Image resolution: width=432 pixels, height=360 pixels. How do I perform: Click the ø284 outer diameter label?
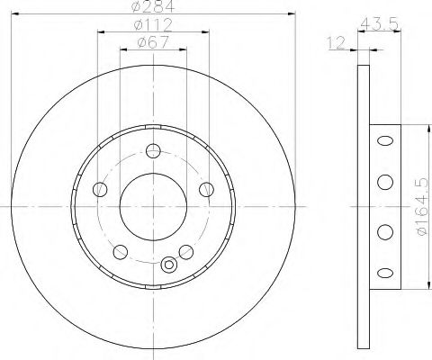point(152,6)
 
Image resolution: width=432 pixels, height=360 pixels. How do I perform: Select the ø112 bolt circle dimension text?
point(153,25)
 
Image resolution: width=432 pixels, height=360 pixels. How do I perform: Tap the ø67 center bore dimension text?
point(153,41)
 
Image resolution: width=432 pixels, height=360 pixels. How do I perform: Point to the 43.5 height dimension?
point(379,23)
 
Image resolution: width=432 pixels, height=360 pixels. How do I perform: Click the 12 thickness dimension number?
point(336,43)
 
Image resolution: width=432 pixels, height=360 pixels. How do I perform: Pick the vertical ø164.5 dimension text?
point(422,207)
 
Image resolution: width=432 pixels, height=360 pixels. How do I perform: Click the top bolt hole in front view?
point(153,150)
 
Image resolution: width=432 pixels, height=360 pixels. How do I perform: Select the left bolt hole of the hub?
point(100,189)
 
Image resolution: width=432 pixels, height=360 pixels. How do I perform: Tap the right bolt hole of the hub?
point(206,189)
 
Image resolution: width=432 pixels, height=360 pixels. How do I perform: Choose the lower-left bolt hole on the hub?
point(121,252)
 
